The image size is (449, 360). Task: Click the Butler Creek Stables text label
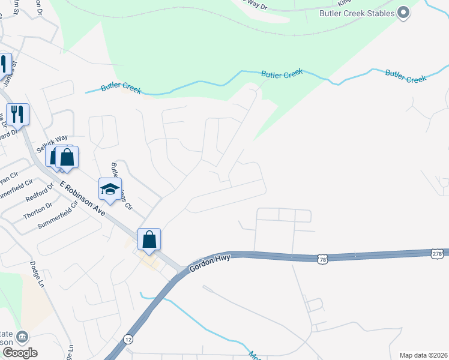[x=357, y=13]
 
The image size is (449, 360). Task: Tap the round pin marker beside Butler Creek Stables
[x=404, y=13]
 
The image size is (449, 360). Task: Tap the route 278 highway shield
[x=438, y=253]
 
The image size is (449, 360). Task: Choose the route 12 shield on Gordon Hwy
[x=128, y=339]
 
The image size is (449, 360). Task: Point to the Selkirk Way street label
[x=51, y=142]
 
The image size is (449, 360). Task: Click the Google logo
[x=20, y=352]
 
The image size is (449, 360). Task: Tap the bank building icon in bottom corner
[x=22, y=337]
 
